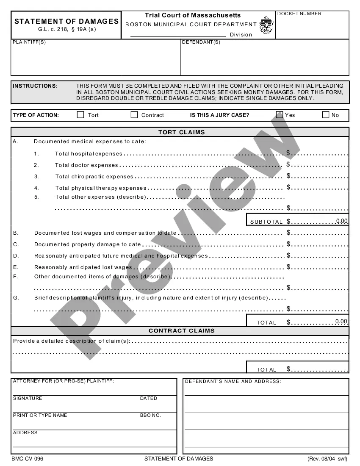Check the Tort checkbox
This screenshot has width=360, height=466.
pos(80,115)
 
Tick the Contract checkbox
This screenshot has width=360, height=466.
pos(134,115)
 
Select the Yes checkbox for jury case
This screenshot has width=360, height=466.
pos(280,115)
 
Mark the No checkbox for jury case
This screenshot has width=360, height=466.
pos(326,115)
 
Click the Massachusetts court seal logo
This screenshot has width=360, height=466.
pos(266,25)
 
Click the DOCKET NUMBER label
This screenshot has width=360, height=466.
pos(299,14)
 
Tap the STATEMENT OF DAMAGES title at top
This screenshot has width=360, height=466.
pos(66,21)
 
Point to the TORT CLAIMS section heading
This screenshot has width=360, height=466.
pos(181,132)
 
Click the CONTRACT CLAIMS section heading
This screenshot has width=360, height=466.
pos(181,331)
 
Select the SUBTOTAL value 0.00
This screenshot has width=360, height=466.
pos(342,221)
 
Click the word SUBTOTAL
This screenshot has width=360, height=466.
pos(266,222)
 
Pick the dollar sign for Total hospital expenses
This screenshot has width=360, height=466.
pos(288,153)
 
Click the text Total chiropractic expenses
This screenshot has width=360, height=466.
pos(94,177)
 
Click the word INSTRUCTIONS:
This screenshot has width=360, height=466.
pos(35,86)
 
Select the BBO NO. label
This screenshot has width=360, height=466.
pos(150,416)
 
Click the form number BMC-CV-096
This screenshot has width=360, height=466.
pos(27,459)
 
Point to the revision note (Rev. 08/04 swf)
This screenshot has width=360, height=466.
pos(327,459)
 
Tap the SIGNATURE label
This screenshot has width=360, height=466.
pos(28,399)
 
